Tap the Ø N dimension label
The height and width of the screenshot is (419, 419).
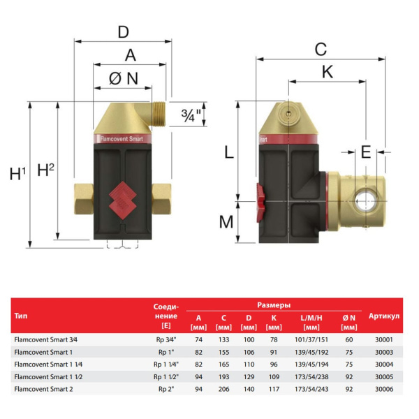coord(123,79)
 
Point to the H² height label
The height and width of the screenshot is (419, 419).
coord(45,169)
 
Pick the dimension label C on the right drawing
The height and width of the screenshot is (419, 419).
coord(321,49)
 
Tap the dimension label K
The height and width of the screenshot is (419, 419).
coord(326,72)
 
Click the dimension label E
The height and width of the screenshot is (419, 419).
coord(366,152)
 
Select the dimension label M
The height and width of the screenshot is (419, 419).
coord(226,222)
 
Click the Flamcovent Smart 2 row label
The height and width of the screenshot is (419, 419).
coord(43,388)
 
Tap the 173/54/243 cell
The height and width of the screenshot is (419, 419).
coord(311,388)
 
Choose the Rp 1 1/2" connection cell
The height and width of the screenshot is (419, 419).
coord(166,376)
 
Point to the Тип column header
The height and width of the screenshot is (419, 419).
coord(21,316)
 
